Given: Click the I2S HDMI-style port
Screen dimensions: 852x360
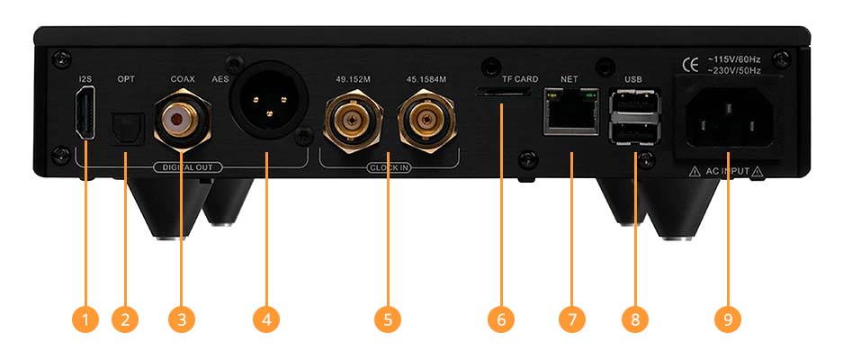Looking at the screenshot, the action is [x=85, y=116].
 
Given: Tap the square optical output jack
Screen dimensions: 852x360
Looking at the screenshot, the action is [x=127, y=129].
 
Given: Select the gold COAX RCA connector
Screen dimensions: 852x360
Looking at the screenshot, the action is [x=182, y=121].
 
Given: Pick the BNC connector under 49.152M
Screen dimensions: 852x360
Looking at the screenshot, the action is [x=354, y=121].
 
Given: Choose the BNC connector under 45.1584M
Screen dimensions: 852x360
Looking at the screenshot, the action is [x=426, y=121].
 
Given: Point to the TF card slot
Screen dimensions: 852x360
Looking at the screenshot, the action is [x=503, y=93].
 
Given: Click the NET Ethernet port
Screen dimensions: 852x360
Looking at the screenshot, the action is [x=571, y=112].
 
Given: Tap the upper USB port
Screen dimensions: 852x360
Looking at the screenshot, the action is [x=634, y=101].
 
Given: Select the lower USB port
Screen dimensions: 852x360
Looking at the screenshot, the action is [x=634, y=132].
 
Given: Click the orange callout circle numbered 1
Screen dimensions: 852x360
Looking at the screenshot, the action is [x=85, y=319].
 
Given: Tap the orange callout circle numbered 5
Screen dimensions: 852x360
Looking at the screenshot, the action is [x=388, y=319].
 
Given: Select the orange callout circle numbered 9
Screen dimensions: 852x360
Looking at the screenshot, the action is [x=728, y=319].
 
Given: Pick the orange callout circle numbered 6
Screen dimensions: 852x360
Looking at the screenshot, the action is [x=501, y=319].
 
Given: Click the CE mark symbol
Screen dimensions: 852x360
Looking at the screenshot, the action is [x=690, y=66].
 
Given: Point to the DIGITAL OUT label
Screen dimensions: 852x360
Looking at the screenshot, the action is [x=188, y=167].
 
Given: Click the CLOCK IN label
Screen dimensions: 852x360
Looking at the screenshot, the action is [x=389, y=167].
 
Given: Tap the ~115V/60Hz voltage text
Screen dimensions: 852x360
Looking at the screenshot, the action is [x=733, y=59].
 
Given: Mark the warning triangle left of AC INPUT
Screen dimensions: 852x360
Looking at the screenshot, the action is [x=695, y=172].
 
